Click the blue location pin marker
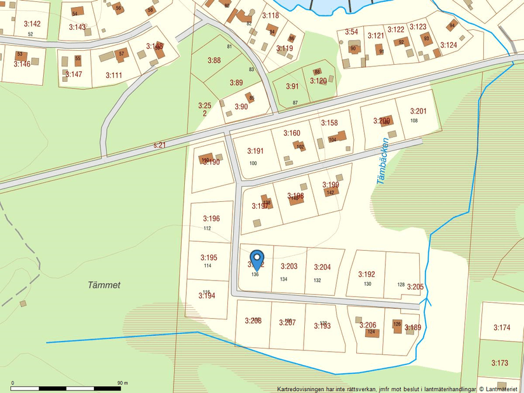[x=257, y=259]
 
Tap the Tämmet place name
[x=104, y=285]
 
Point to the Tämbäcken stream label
[x=382, y=162]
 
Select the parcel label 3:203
[x=289, y=267]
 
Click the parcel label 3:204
[x=323, y=267]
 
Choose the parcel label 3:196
[x=211, y=219]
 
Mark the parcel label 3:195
[x=209, y=258]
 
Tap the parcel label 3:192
[x=366, y=274]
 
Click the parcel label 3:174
[x=502, y=328]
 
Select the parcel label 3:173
[x=500, y=363]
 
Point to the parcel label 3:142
[x=32, y=24]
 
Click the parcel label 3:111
[x=114, y=75]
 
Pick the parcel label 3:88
[x=214, y=60]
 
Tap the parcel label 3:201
[x=418, y=111]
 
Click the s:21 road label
[x=159, y=145]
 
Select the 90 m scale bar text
[x=122, y=383]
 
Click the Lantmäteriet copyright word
[x=501, y=389]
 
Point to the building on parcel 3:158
[x=339, y=137]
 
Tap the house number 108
[x=414, y=121]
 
